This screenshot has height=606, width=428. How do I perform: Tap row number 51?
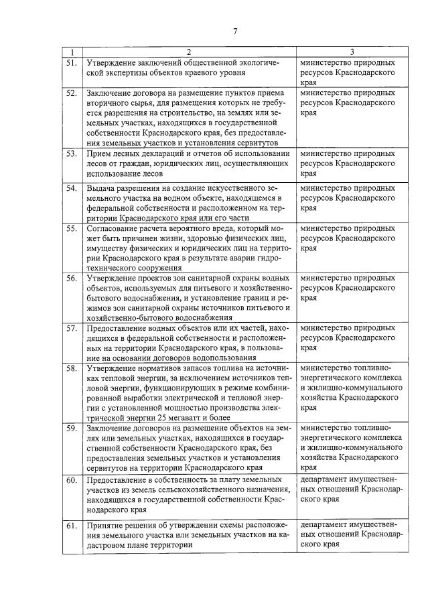pyautogui.click(x=71, y=62)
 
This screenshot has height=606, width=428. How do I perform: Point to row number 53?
pyautogui.click(x=71, y=154)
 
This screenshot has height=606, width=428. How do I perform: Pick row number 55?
pyautogui.click(x=71, y=228)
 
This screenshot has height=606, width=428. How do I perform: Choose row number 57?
pyautogui.click(x=71, y=328)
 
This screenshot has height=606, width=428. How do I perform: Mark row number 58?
pyautogui.click(x=71, y=368)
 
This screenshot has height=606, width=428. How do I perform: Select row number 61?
pyautogui.click(x=71, y=526)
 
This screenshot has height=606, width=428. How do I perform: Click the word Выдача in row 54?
pyautogui.click(x=101, y=188)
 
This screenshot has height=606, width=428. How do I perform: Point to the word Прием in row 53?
pyautogui.click(x=99, y=154)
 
